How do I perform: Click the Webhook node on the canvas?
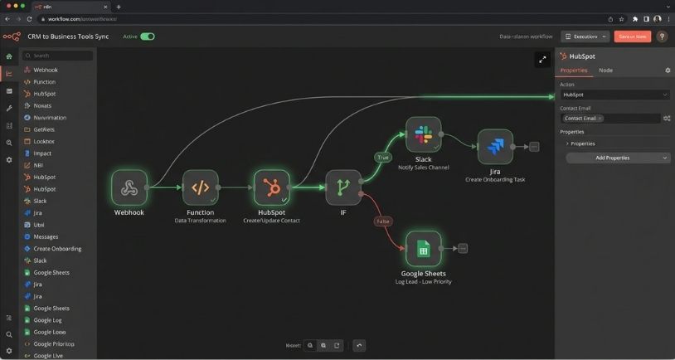click(129, 187)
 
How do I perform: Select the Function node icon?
click(200, 187)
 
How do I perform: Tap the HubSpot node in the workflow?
click(271, 187)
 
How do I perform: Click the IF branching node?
click(342, 187)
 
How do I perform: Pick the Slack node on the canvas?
click(423, 134)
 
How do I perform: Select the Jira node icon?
click(495, 147)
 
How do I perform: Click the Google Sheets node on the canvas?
click(423, 248)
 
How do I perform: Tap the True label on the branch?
click(382, 157)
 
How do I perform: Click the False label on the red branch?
click(383, 221)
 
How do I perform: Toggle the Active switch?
click(148, 36)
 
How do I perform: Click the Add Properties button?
click(618, 158)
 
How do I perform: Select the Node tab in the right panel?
click(606, 71)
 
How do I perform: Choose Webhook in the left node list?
click(46, 70)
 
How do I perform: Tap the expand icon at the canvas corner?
click(542, 59)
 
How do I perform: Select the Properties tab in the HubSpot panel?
click(574, 71)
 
